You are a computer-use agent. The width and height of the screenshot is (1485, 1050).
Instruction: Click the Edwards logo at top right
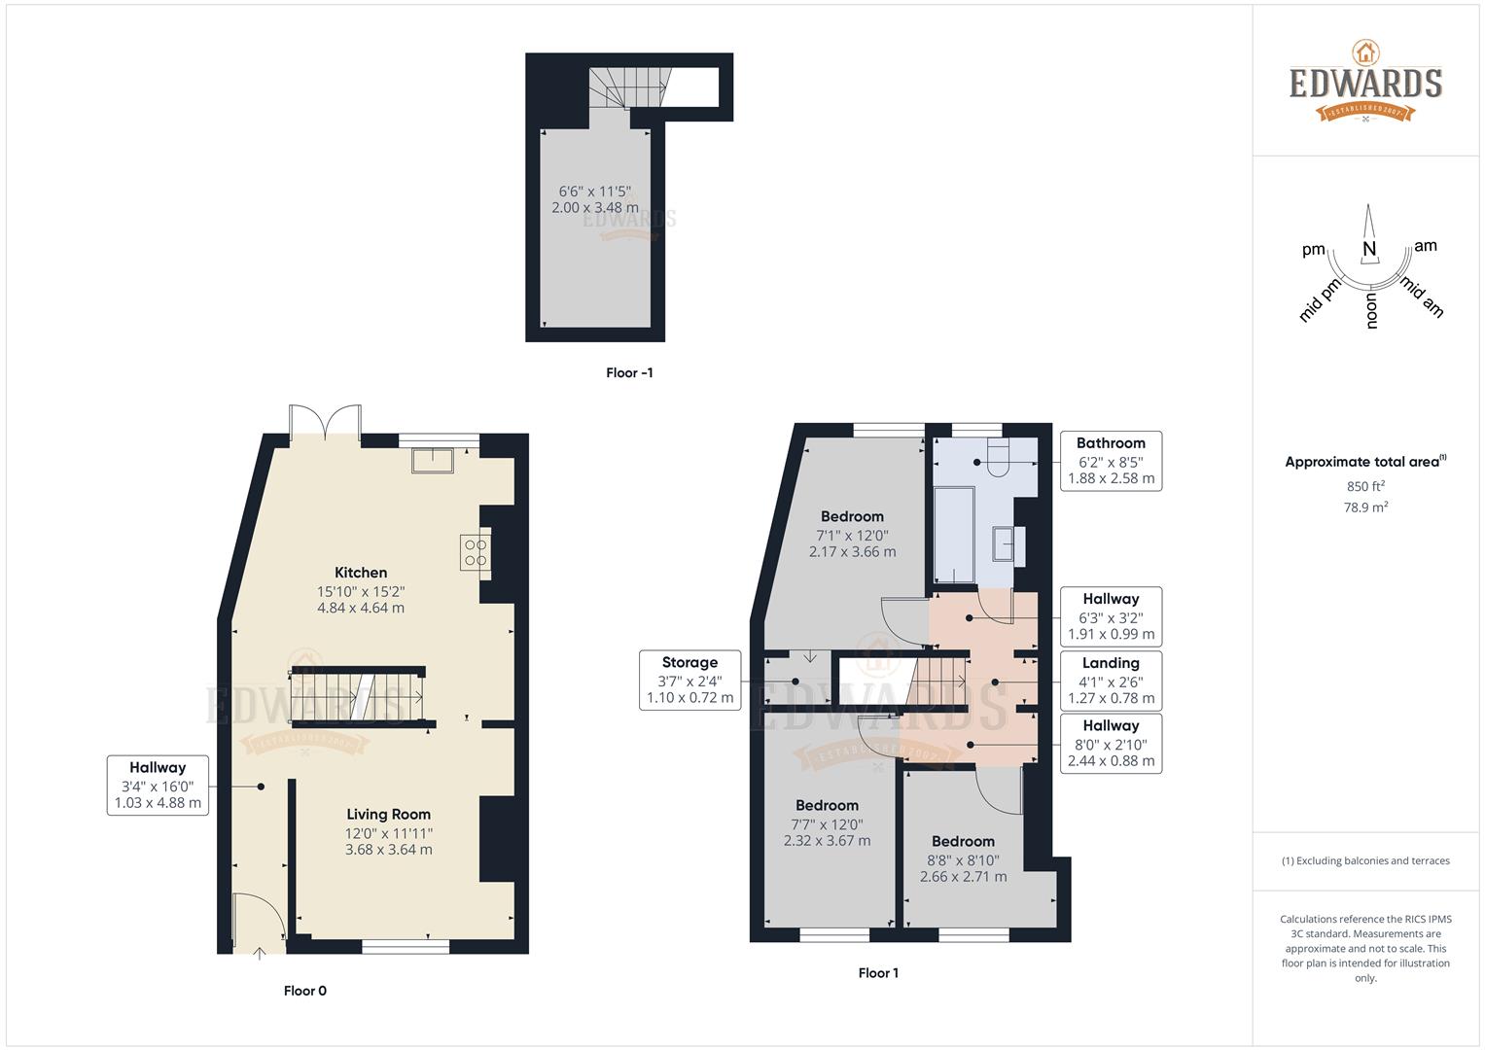[1365, 82]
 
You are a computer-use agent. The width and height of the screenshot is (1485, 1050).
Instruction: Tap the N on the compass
[1369, 250]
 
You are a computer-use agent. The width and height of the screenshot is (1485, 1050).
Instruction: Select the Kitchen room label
[361, 573]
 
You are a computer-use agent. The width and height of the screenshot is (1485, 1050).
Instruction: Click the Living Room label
[388, 814]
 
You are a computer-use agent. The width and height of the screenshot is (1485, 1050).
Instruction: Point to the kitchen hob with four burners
[475, 552]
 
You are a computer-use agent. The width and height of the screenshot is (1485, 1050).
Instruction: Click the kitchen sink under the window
[433, 460]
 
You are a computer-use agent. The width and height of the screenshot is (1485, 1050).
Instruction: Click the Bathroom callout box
[1111, 460]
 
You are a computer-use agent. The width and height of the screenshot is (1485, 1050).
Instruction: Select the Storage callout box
[689, 680]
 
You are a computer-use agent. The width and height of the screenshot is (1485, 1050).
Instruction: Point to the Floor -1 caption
[629, 372]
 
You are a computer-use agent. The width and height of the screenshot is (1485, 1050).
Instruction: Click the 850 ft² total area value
[1365, 486]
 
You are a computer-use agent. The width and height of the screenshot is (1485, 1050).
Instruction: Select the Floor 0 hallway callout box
[157, 785]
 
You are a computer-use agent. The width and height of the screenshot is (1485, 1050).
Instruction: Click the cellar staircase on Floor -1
[627, 87]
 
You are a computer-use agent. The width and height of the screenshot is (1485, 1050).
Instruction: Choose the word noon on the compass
[1371, 312]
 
